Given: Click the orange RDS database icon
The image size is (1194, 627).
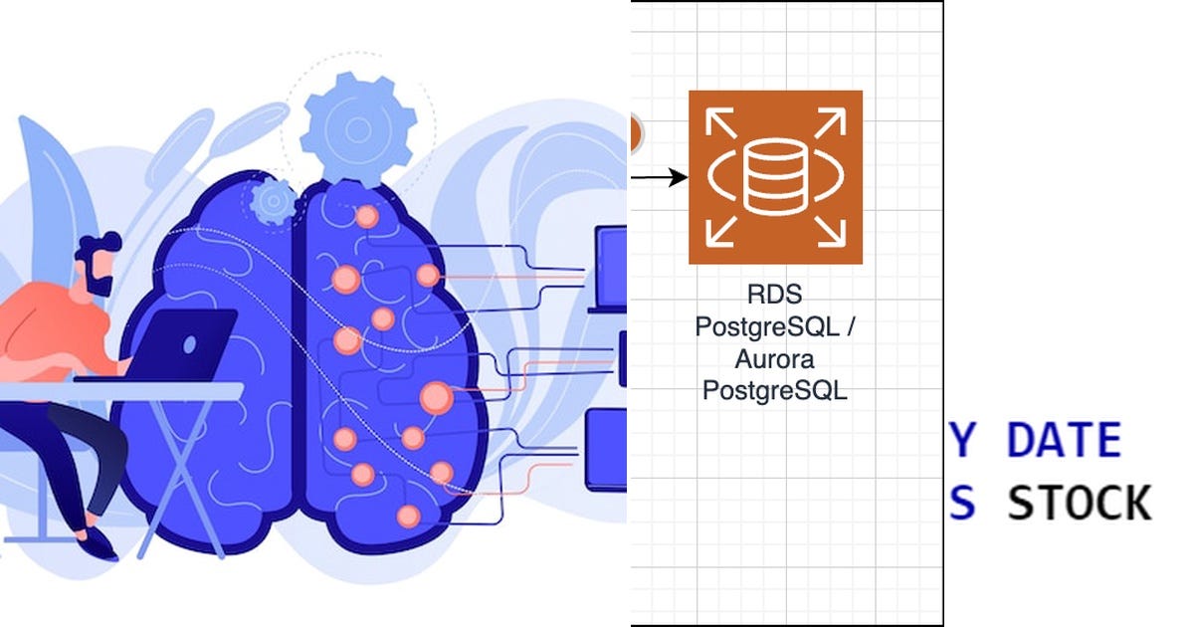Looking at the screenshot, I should (x=775, y=177).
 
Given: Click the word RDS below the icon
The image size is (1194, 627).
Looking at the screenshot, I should (x=774, y=296).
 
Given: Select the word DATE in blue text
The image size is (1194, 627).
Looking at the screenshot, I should (x=1064, y=441).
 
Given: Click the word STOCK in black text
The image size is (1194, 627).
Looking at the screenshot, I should (x=1080, y=504).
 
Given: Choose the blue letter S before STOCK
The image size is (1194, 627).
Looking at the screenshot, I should (x=960, y=504).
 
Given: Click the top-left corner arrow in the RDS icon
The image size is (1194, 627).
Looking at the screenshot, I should (x=719, y=120).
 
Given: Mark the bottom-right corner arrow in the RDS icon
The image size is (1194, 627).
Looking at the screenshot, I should (x=831, y=233).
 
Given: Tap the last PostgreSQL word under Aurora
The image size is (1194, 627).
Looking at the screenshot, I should (x=774, y=391).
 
